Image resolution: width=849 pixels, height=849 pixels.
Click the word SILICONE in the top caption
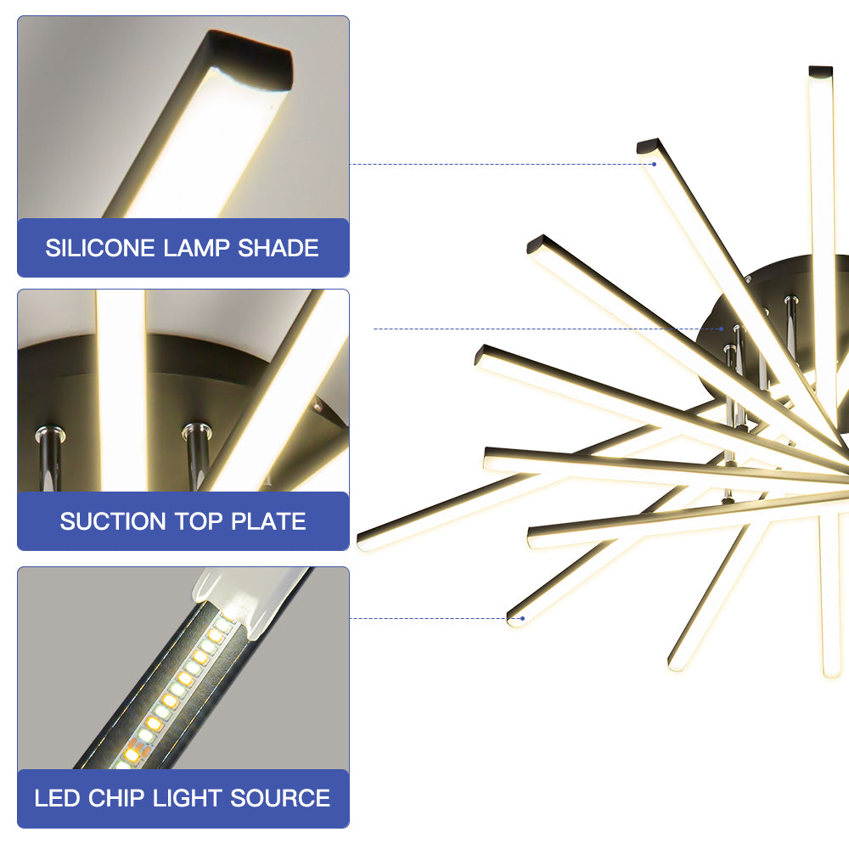pyautogui.click(x=100, y=248)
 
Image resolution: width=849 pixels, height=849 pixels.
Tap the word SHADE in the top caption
pyautogui.click(x=278, y=248)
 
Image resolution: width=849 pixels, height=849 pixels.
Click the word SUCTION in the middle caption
pyautogui.click(x=113, y=521)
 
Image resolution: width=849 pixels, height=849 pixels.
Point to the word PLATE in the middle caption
pyautogui.click(x=268, y=521)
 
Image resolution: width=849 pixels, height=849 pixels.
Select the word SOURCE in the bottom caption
pyautogui.click(x=280, y=798)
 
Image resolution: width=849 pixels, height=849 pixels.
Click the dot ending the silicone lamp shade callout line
pyautogui.click(x=654, y=164)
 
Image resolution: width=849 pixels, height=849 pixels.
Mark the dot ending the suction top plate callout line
pyautogui.click(x=721, y=329)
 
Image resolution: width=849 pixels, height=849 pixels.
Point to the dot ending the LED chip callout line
pyautogui.click(x=522, y=618)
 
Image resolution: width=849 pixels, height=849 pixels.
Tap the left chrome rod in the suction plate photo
pyautogui.click(x=50, y=458)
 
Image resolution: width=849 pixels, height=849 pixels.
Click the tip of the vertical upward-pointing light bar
pyautogui.click(x=820, y=71)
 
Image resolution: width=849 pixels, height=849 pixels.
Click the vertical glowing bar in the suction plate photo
pyautogui.click(x=121, y=391)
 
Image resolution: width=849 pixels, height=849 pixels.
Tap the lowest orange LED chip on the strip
pyautogui.click(x=132, y=754)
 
